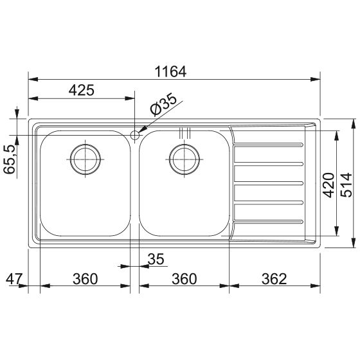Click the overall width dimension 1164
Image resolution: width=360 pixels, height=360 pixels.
click(x=170, y=71)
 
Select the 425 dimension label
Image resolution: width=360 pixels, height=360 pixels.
click(x=81, y=90)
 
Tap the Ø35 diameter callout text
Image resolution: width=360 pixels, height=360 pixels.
click(x=163, y=104)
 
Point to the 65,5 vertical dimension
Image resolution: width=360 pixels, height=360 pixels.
click(x=10, y=159)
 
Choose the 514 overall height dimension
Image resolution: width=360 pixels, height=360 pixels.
click(x=346, y=185)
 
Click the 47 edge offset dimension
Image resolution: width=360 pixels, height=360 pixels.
click(x=14, y=279)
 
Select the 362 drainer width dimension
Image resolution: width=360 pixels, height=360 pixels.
click(x=274, y=279)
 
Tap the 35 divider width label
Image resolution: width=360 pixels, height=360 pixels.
click(x=156, y=259)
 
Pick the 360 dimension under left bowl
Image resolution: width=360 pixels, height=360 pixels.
click(x=85, y=279)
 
